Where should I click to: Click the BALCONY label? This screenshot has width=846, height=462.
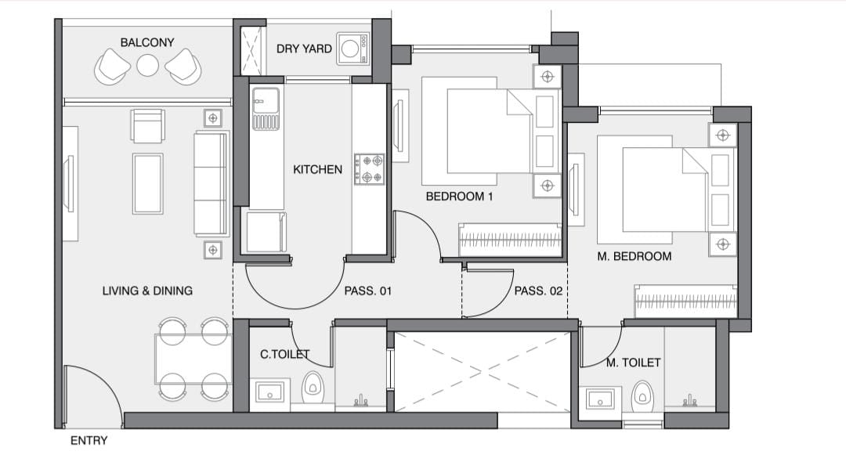point(146,42)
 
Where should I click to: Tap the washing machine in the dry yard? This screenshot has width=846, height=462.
point(352,49)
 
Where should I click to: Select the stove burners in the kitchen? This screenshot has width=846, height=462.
point(369,168)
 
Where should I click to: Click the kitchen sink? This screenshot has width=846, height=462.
point(266,109)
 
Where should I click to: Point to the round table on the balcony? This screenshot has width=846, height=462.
point(147,66)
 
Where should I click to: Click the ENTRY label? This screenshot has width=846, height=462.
point(89,441)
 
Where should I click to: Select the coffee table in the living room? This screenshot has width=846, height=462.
point(148,183)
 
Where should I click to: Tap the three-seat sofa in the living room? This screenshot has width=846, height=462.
point(211,183)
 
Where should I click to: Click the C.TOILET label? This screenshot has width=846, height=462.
point(284,354)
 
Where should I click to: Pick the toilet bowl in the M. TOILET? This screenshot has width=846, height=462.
point(642,396)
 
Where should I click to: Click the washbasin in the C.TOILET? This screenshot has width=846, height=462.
point(269,392)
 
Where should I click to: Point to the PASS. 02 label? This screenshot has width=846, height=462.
point(538,291)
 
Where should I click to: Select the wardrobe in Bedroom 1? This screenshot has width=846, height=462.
point(510,240)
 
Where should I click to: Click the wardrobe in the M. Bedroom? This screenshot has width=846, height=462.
point(685,301)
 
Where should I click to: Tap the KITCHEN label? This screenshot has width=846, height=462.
point(317,170)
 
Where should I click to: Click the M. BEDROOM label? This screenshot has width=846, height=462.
point(634,257)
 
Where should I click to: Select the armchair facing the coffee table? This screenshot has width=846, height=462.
point(148,126)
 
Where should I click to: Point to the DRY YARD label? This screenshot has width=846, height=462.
point(304,49)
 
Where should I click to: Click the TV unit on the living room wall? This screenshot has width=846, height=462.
point(70,183)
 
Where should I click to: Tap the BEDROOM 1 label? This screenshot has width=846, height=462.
point(459,197)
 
